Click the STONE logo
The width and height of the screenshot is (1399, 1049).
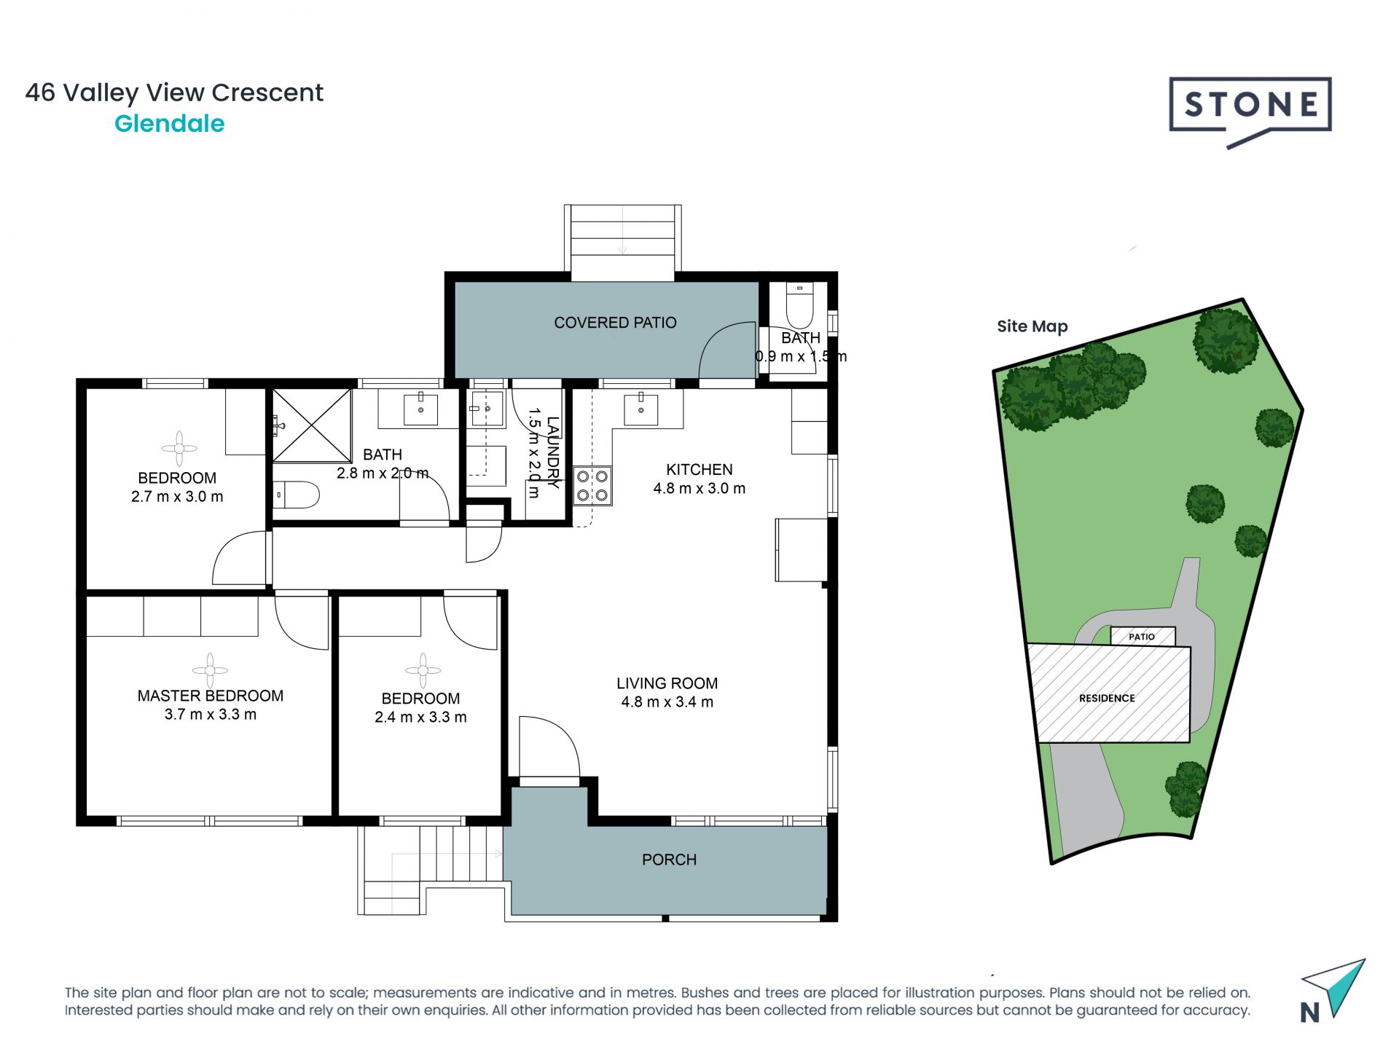point(1250,111)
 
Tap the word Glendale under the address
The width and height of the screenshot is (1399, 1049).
point(170,124)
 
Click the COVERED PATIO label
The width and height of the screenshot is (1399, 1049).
point(615,323)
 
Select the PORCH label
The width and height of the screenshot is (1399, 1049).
point(669,860)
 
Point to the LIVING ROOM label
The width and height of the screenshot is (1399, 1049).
point(667,683)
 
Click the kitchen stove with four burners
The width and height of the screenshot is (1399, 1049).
point(592,486)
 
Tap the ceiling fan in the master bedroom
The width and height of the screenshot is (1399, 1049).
point(210,670)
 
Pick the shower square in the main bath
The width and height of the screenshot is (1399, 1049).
point(312,425)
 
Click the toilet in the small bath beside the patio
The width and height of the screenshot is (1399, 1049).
point(799,306)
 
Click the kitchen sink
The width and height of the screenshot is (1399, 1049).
point(641,409)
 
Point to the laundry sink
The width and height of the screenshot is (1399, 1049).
point(487,409)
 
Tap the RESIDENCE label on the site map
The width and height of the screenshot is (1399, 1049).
point(1107,698)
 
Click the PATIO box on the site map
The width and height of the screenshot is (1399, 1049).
point(1143,637)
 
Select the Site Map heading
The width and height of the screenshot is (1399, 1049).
point(1032,326)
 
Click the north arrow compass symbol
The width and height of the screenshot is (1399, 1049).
point(1333,991)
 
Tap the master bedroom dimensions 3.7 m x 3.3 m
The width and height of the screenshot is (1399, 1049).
point(211,715)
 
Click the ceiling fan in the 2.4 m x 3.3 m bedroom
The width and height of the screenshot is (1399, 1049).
point(423,671)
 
